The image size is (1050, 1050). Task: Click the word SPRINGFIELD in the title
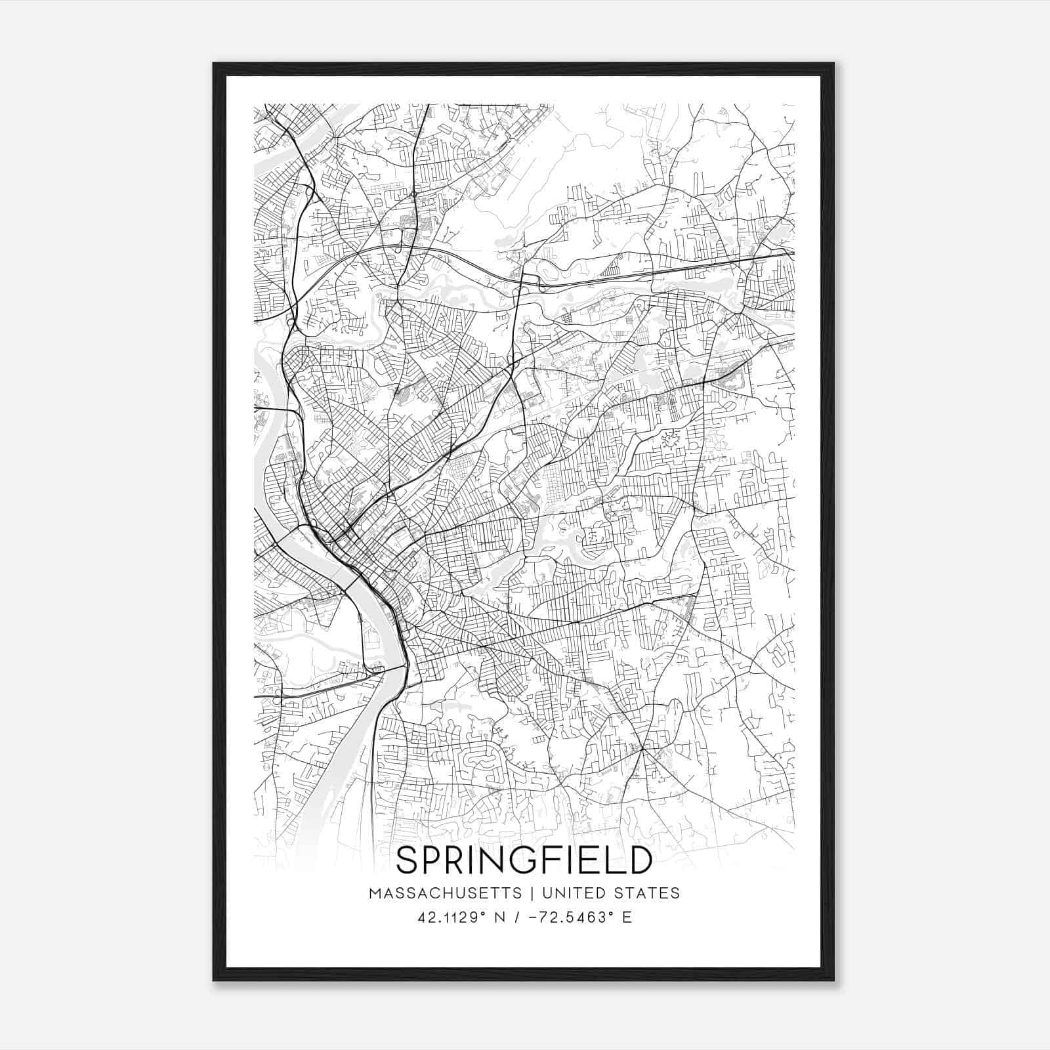(x=524, y=860)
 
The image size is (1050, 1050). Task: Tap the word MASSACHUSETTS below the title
(x=446, y=893)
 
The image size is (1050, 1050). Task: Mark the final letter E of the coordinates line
(x=627, y=917)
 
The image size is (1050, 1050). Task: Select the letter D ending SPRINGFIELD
(x=639, y=860)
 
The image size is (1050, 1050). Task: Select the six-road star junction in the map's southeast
(x=645, y=747)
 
